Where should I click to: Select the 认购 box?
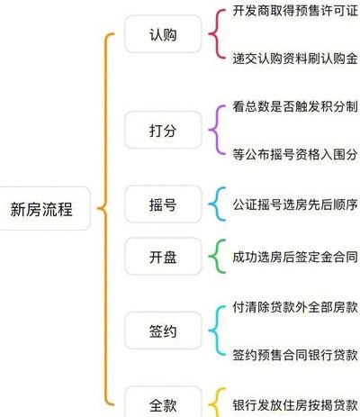click(x=163, y=34)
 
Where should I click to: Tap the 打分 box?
click(x=163, y=130)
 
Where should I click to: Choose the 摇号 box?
click(x=163, y=204)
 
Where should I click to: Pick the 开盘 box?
click(x=163, y=257)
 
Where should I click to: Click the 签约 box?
click(x=163, y=331)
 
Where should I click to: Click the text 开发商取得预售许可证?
click(x=295, y=11)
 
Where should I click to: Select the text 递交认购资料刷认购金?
click(x=295, y=59)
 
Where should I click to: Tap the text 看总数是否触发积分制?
click(x=295, y=106)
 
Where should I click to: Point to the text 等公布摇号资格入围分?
click(x=295, y=154)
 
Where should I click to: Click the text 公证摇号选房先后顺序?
click(x=295, y=204)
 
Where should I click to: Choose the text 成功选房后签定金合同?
click(x=295, y=257)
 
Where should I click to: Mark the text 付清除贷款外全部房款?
click(x=295, y=307)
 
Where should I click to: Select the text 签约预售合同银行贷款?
click(x=295, y=355)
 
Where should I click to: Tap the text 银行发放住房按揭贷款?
click(x=295, y=404)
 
